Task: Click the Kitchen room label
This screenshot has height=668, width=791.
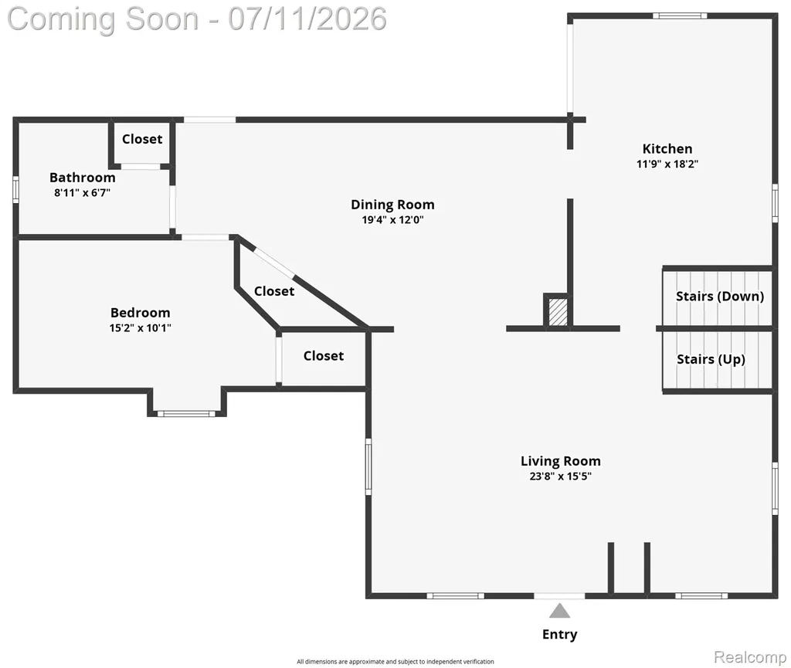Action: (x=667, y=149)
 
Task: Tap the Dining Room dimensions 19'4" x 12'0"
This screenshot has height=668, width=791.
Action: (x=392, y=220)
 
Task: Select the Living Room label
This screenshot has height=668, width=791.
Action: (x=561, y=461)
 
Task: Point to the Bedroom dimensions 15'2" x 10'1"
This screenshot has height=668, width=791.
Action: (x=141, y=327)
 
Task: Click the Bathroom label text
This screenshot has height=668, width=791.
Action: (x=82, y=178)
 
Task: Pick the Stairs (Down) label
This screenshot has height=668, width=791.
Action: (x=720, y=297)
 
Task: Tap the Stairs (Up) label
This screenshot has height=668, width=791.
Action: (x=711, y=359)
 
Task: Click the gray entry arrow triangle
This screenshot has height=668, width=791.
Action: (x=559, y=611)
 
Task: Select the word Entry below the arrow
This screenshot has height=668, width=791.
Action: (x=559, y=634)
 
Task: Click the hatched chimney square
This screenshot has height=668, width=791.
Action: (x=558, y=312)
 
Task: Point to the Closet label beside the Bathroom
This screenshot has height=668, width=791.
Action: (x=142, y=139)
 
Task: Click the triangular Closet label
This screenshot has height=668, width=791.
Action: (x=274, y=291)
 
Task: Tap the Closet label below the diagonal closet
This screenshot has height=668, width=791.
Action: (x=324, y=356)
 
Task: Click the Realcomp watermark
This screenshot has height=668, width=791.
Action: (x=749, y=657)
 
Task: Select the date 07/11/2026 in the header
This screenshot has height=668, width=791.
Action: (x=307, y=19)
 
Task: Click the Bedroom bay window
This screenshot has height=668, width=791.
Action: (x=187, y=414)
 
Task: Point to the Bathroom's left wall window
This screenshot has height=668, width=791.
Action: (x=15, y=189)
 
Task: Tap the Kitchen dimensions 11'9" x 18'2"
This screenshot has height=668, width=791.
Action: (x=667, y=164)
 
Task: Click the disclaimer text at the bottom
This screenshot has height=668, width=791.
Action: (x=395, y=662)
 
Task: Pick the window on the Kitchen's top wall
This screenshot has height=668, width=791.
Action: (x=680, y=15)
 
